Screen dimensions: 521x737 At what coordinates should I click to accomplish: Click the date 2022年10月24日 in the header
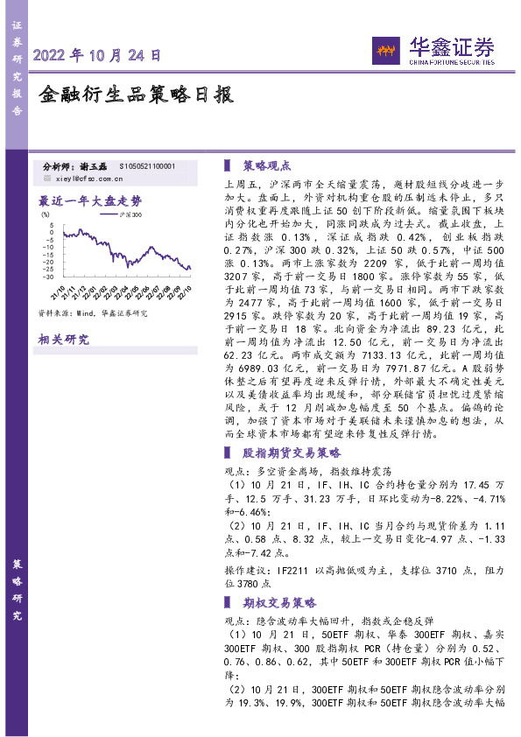(x=96, y=54)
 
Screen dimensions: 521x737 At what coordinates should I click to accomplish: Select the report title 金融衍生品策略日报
(x=137, y=95)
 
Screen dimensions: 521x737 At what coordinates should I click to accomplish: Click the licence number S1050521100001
(x=146, y=165)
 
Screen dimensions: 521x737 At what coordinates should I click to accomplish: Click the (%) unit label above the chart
(x=45, y=212)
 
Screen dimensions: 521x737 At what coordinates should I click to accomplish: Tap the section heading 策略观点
(x=266, y=165)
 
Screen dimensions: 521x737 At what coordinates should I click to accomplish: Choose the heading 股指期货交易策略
(x=291, y=453)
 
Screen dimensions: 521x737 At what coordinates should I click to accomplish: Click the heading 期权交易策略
(x=278, y=603)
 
